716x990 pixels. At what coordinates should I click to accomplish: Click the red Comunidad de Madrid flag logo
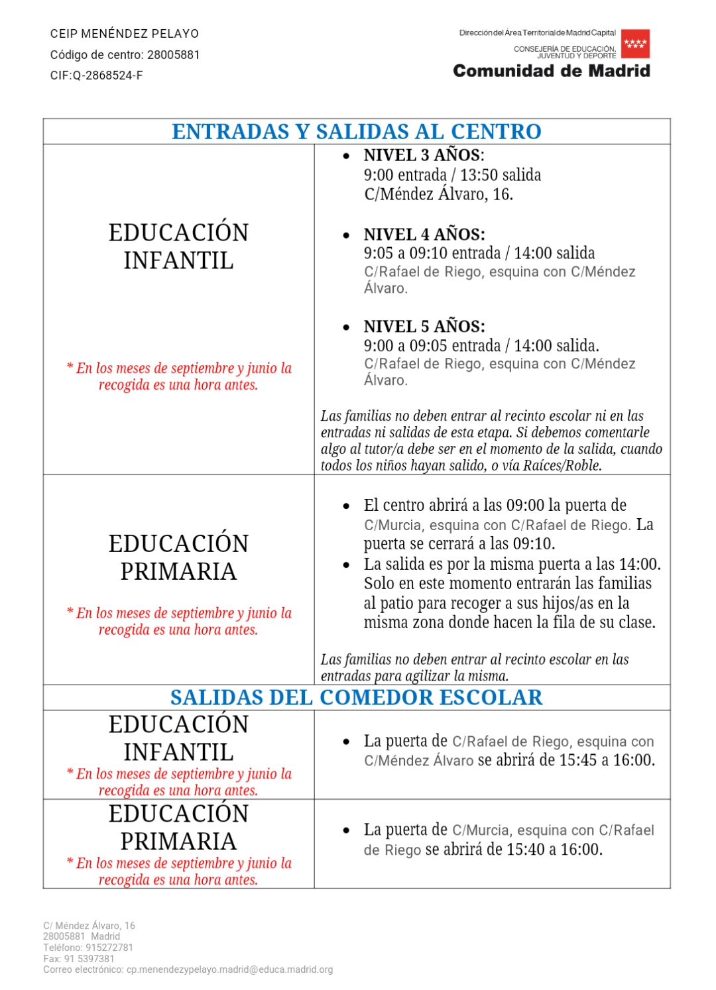pyautogui.click(x=635, y=44)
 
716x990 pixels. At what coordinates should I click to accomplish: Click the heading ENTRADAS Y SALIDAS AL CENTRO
pyautogui.click(x=357, y=132)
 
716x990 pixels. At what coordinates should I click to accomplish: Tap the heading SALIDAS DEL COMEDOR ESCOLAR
pyautogui.click(x=357, y=698)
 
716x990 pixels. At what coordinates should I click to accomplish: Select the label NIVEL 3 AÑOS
pyautogui.click(x=424, y=156)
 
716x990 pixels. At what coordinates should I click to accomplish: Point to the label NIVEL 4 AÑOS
pyautogui.click(x=424, y=235)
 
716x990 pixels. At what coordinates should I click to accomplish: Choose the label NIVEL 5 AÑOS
pyautogui.click(x=424, y=327)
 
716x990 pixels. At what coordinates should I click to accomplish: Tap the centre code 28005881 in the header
pyautogui.click(x=173, y=55)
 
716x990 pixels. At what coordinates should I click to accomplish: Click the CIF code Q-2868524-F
pyautogui.click(x=107, y=76)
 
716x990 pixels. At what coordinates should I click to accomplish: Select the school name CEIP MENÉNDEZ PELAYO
pyautogui.click(x=125, y=34)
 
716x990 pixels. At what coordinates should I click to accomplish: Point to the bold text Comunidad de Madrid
pyautogui.click(x=552, y=71)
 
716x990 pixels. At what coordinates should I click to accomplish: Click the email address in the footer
pyautogui.click(x=229, y=969)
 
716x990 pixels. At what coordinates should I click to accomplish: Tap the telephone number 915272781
pyautogui.click(x=109, y=948)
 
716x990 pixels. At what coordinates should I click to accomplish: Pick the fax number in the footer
pyautogui.click(x=89, y=959)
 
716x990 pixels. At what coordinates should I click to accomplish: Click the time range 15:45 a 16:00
pyautogui.click(x=607, y=760)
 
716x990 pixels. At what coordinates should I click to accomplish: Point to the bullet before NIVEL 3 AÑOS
pyautogui.click(x=346, y=156)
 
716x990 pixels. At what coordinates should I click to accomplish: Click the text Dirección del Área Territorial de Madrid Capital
pyautogui.click(x=538, y=32)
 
